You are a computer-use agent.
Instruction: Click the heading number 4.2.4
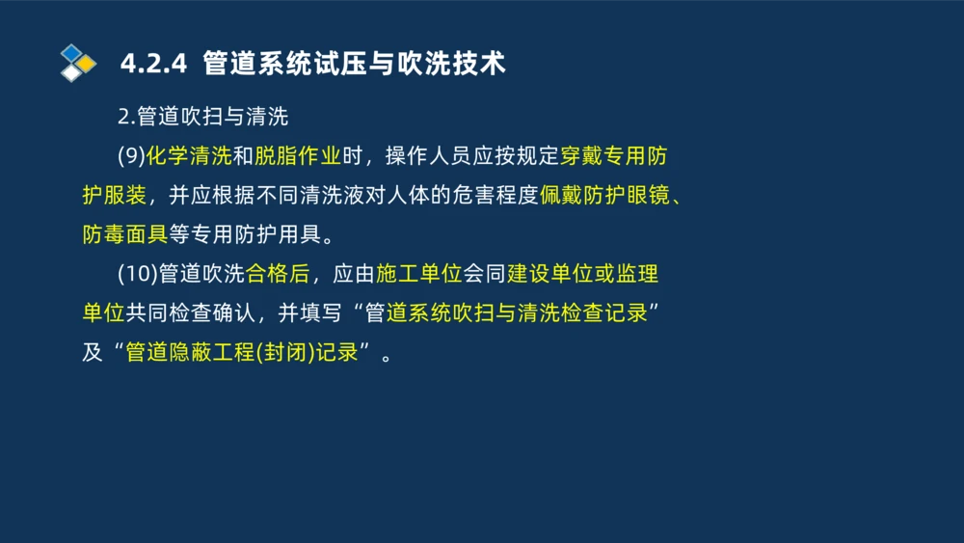(x=152, y=64)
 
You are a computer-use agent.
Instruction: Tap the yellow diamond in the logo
(x=87, y=64)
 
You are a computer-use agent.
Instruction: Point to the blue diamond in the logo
(x=71, y=53)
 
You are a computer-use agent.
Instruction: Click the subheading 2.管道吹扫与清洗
(x=202, y=118)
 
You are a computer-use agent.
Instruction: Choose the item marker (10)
(x=138, y=274)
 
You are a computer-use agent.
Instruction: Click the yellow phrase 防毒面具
(x=124, y=234)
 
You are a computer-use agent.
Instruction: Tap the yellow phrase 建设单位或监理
(x=582, y=274)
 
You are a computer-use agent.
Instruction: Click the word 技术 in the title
(x=484, y=64)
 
